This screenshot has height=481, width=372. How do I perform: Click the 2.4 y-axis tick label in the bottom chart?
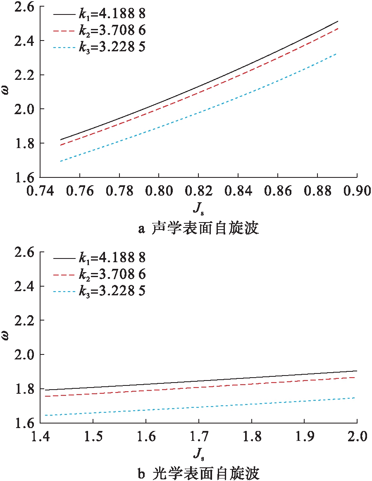click(x=24, y=287)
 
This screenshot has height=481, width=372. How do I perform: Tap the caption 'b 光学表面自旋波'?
click(x=198, y=473)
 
